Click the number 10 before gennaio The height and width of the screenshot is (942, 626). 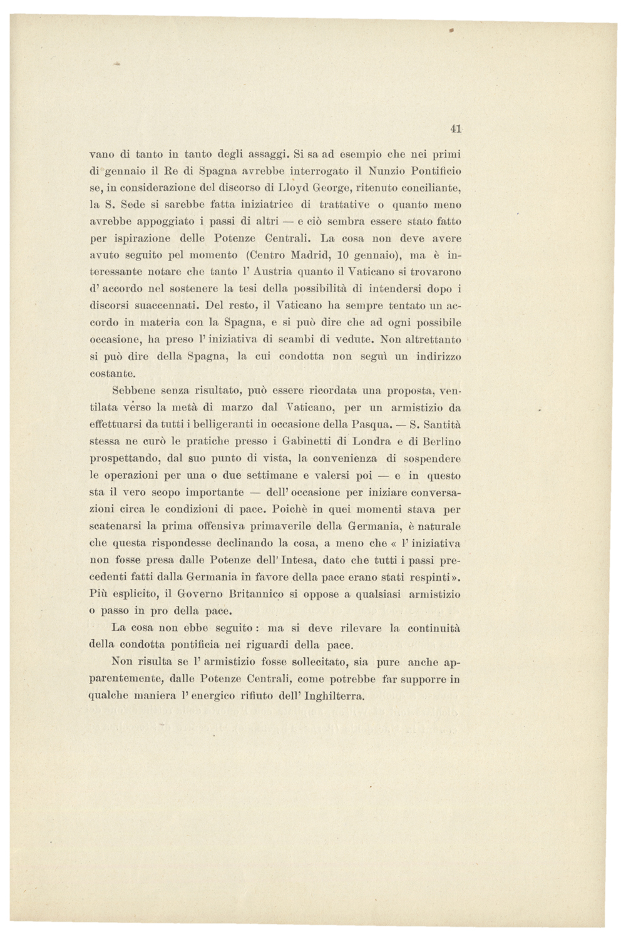click(343, 255)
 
